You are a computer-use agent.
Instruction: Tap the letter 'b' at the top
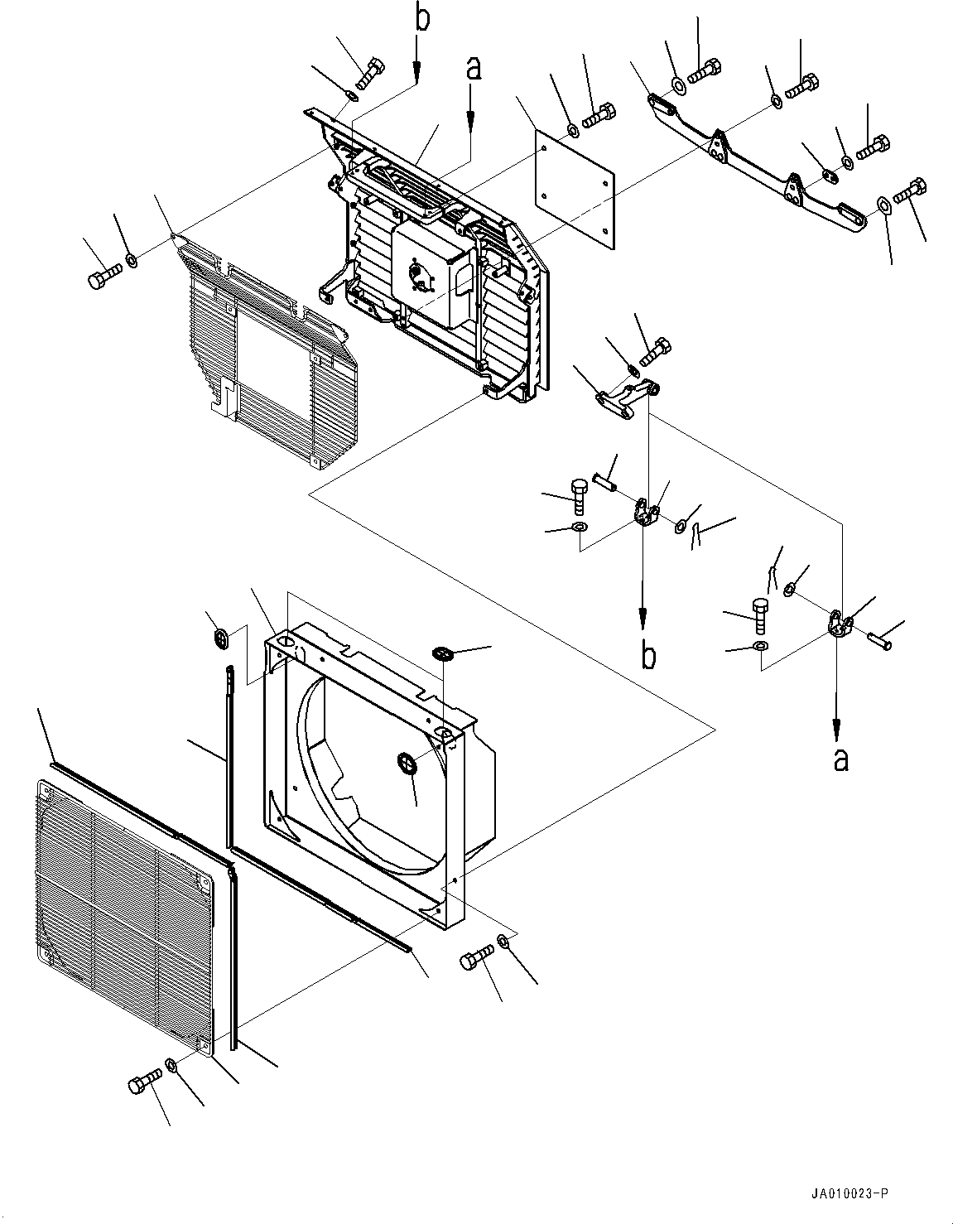[423, 18]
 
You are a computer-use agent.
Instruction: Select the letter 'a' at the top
[473, 70]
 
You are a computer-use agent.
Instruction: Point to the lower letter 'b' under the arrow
[650, 655]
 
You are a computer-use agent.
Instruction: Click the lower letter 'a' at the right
[840, 759]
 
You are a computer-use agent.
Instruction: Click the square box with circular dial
[434, 274]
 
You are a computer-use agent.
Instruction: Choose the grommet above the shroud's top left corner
[221, 639]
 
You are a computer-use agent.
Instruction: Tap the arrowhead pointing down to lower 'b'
[644, 617]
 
